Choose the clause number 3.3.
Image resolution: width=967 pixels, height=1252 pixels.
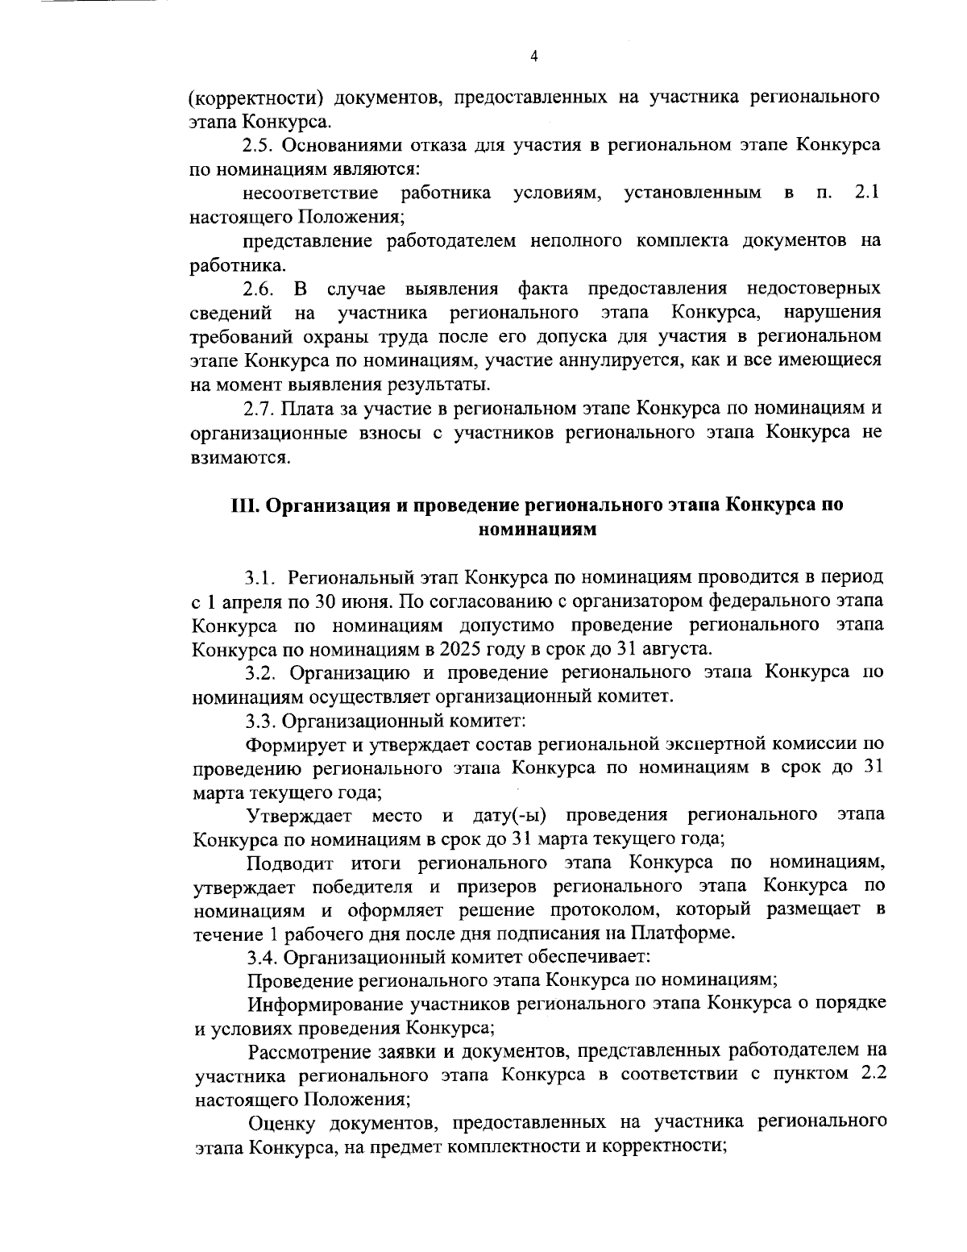pos(262,720)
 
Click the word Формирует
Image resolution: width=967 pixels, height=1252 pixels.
pos(293,743)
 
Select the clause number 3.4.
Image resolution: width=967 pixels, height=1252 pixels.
pos(263,957)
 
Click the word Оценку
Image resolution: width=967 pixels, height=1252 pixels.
pos(278,1123)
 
